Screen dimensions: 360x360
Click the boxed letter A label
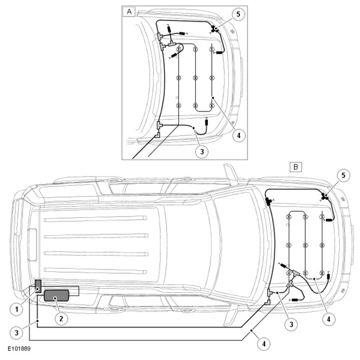click(x=129, y=12)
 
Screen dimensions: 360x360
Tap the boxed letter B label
click(x=296, y=167)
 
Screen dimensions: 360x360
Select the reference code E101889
click(x=19, y=349)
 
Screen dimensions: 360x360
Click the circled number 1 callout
click(x=17, y=309)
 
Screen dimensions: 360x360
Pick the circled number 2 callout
click(x=61, y=318)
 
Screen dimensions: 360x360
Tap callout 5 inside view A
click(x=238, y=14)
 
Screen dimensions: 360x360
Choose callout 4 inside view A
click(x=239, y=135)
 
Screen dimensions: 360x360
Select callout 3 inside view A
click(x=202, y=151)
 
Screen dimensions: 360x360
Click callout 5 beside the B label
click(x=343, y=175)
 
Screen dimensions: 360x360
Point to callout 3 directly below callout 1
click(x=17, y=332)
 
